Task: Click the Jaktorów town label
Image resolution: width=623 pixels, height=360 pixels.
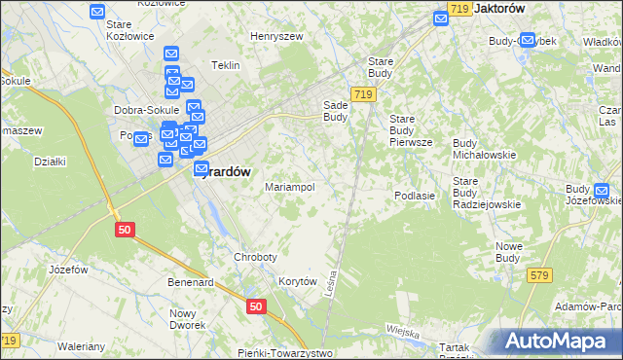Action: click(x=499, y=8)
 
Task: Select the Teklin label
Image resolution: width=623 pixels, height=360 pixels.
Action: click(x=225, y=65)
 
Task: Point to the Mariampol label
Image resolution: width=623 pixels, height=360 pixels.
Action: click(x=289, y=187)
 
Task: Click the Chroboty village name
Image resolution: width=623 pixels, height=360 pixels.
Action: click(x=255, y=257)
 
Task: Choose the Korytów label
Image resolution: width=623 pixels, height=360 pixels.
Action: click(x=298, y=281)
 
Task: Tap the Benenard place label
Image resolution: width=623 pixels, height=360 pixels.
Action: click(x=190, y=282)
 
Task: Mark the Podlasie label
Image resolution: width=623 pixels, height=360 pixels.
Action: click(x=414, y=196)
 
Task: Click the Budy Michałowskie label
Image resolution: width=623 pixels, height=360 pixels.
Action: click(x=485, y=149)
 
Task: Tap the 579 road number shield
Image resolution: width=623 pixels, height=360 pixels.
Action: click(x=541, y=276)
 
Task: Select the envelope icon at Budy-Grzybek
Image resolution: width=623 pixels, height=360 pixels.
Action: click(x=528, y=41)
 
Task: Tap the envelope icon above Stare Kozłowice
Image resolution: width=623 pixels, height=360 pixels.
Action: click(x=97, y=12)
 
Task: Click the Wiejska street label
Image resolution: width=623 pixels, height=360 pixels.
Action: click(x=401, y=332)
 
